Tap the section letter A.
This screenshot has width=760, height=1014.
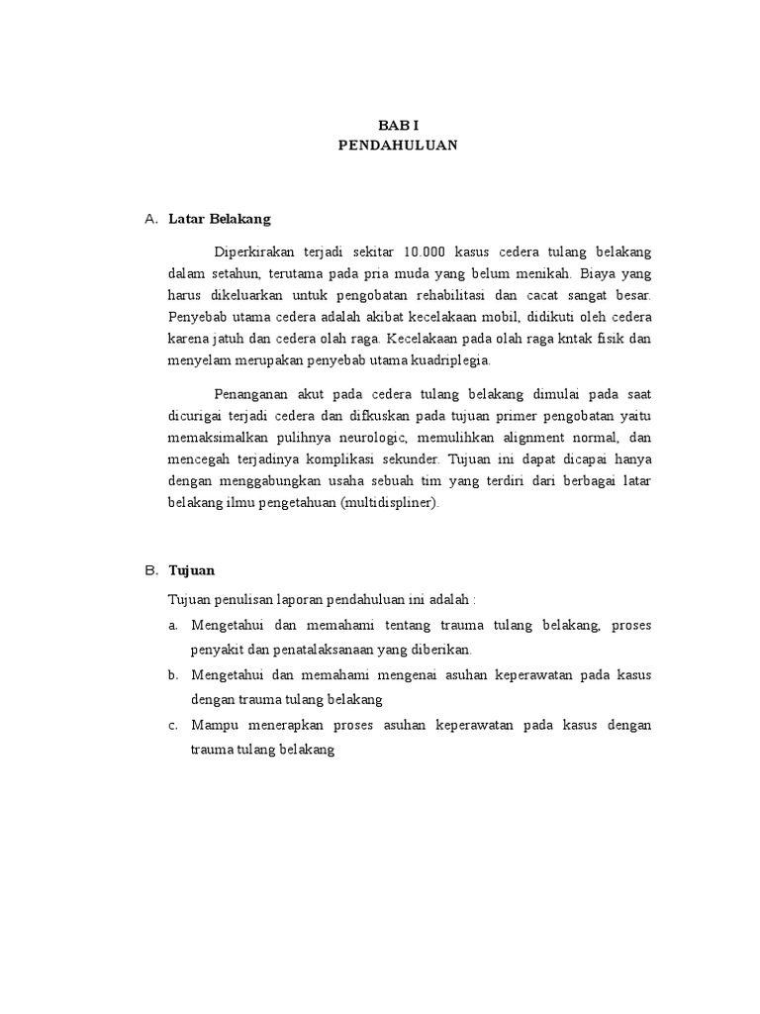point(150,218)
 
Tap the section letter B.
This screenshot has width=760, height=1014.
point(150,571)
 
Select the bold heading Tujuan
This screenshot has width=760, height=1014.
point(192,571)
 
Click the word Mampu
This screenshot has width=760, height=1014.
point(213,726)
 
